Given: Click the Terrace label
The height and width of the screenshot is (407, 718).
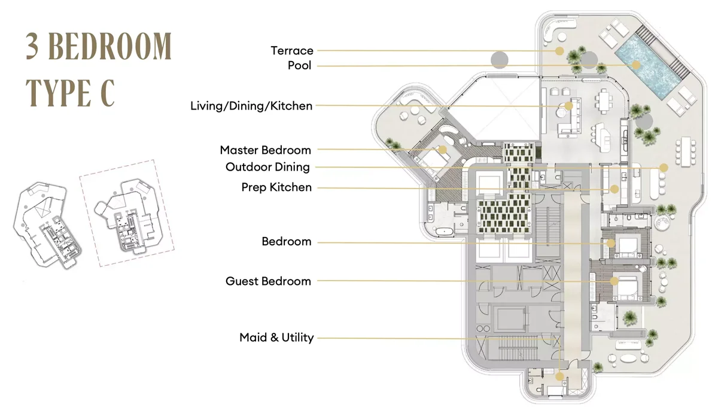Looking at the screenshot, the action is tap(291, 51).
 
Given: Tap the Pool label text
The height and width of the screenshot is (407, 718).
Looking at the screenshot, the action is tap(299, 65).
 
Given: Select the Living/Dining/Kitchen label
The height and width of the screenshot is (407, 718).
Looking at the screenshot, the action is tap(251, 106).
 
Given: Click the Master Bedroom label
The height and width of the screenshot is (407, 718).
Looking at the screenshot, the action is tap(265, 150).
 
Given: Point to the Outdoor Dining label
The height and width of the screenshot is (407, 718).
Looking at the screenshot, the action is tap(267, 167).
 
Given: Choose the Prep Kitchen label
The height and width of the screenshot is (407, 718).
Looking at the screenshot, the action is tap(276, 187).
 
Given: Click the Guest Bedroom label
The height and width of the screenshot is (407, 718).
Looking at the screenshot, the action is tap(268, 281).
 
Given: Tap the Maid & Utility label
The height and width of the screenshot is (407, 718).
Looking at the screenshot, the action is tap(276, 338).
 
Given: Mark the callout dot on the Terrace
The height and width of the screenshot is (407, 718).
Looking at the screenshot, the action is tap(559, 51).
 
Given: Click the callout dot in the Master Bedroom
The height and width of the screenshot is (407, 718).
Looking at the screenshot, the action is tap(443, 150).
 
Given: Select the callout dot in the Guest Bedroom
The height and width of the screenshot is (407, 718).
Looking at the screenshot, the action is tap(614, 281).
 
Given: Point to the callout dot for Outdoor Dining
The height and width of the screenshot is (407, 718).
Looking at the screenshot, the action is tap(663, 168).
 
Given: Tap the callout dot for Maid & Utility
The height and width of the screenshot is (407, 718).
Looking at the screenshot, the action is tap(559, 376).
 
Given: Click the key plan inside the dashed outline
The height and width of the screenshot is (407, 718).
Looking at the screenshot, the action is tap(127, 212).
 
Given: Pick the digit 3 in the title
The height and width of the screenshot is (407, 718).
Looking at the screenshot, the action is tap(34, 47).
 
